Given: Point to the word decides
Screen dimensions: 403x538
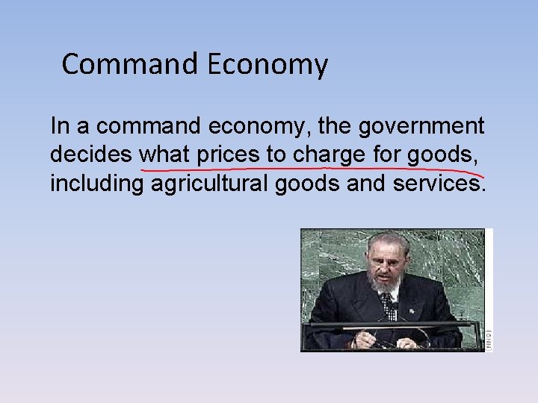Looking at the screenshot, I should (91, 154).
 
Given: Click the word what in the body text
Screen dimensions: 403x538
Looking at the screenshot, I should (165, 154).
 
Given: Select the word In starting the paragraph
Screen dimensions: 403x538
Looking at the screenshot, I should (59, 125).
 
